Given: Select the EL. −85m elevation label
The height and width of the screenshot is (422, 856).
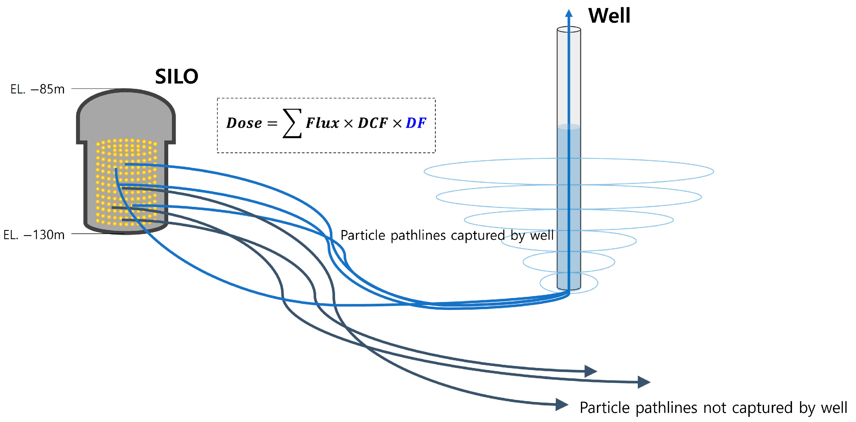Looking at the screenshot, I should tap(37, 89).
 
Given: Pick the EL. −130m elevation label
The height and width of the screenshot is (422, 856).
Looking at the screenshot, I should tap(34, 235).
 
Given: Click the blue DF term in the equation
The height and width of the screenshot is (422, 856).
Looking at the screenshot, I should tap(416, 123).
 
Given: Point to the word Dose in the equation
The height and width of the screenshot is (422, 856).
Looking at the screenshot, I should tap(244, 123).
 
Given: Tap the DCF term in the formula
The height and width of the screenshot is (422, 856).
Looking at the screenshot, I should tap(372, 123).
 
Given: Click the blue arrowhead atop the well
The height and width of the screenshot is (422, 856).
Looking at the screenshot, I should tap(569, 13).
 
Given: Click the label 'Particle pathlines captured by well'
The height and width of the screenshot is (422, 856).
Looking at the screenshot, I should tap(447, 235).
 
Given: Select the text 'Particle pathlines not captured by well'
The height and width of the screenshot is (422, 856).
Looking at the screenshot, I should tap(713, 408).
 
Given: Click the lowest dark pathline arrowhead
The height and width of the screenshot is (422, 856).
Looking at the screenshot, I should tap(562, 404).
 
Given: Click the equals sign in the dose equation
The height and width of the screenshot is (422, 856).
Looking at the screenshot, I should tap(272, 124).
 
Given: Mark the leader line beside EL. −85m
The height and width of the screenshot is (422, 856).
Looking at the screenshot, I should tap(98, 89).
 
